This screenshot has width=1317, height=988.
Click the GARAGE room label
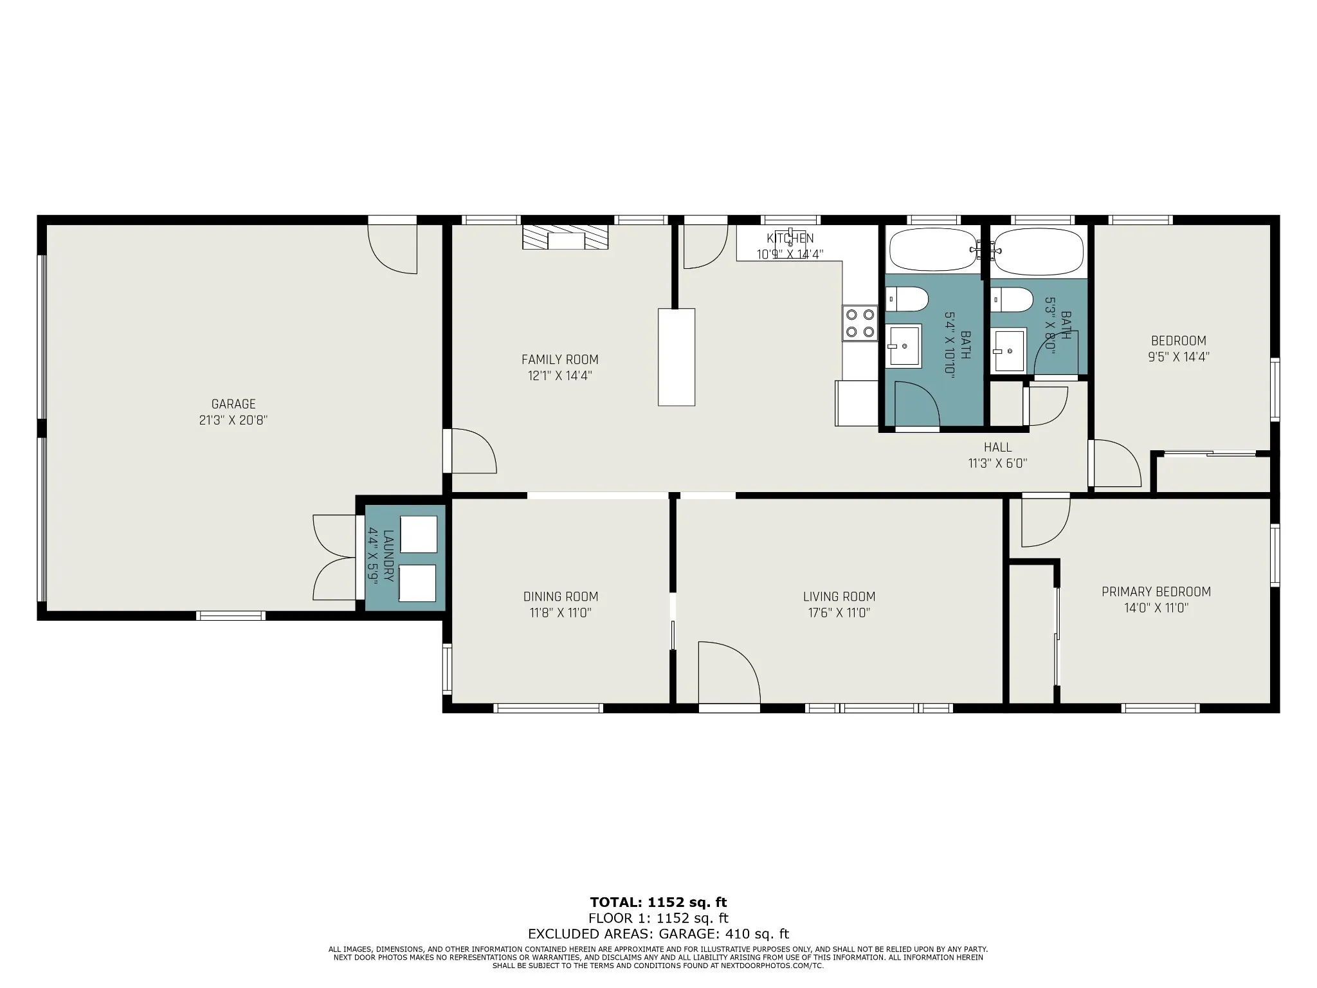[233, 404]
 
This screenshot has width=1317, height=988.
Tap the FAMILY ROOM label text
[560, 360]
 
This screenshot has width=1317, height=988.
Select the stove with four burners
[860, 323]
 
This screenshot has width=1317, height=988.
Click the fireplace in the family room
[565, 237]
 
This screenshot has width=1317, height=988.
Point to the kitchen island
[677, 357]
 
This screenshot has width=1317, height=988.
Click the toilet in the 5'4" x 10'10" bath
[907, 299]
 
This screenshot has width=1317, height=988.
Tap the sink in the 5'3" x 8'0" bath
[1008, 351]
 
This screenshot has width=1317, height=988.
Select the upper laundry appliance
[419, 534]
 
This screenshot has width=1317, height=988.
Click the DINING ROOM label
[561, 597]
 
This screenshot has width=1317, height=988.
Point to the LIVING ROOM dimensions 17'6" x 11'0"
[839, 613]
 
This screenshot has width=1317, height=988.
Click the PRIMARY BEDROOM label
[1156, 592]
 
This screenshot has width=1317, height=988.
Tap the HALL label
[997, 447]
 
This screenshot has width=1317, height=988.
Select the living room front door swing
[729, 672]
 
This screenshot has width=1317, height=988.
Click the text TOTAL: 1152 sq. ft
[658, 902]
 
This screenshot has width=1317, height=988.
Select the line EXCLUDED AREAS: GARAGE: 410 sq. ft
[658, 934]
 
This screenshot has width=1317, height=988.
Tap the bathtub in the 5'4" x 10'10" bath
[933, 250]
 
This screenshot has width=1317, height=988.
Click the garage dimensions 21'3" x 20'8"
[233, 421]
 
